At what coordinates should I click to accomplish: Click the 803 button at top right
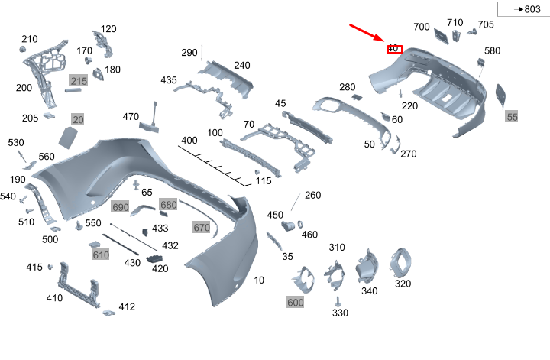[x=522, y=9]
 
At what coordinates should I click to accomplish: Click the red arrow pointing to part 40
[x=369, y=33]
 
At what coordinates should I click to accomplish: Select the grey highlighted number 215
[x=79, y=80]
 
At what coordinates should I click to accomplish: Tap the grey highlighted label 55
[x=512, y=117]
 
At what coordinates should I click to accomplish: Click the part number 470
[x=131, y=117]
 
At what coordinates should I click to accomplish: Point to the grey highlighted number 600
[x=296, y=303]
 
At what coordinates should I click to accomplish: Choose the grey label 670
[x=201, y=228]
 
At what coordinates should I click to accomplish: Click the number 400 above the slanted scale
[x=189, y=141]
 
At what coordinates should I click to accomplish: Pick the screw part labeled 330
[x=337, y=301]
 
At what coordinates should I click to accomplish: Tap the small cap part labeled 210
[x=23, y=50]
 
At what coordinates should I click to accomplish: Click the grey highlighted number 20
[x=78, y=119]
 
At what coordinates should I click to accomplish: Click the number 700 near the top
[x=422, y=27]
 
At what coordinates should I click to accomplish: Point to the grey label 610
[x=101, y=255]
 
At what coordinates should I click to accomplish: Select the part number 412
[x=126, y=307]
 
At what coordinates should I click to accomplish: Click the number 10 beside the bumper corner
[x=259, y=281]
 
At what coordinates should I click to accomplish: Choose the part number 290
[x=189, y=53]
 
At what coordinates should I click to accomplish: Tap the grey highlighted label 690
[x=120, y=207]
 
